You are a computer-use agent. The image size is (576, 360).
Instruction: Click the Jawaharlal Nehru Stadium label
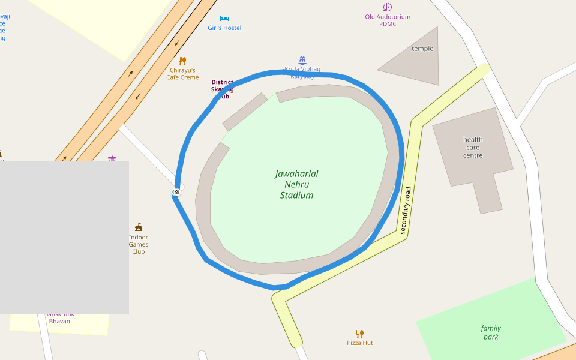pos(296,184)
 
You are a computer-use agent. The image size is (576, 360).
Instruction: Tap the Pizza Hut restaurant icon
pos(359,334)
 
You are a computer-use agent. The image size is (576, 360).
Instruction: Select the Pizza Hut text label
pos(359,343)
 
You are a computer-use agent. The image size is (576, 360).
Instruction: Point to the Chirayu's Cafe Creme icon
pos(182,61)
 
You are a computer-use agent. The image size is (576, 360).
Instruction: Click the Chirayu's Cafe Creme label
pos(182,74)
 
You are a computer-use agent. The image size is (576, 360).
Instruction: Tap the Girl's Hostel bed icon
pos(224,19)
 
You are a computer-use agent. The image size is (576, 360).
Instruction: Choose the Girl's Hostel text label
pos(224,28)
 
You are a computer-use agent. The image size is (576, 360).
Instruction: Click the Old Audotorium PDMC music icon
pos(387,7)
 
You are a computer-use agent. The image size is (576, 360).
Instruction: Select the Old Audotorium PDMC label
pos(388,20)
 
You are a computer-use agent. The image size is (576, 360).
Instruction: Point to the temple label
pos(422,49)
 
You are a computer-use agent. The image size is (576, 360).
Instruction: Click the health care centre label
pos(473,148)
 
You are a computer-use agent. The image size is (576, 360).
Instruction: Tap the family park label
pos(491,332)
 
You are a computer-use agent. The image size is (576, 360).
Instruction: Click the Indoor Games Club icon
pos(139,227)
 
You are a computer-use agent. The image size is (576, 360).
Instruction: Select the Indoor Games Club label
pos(138,244)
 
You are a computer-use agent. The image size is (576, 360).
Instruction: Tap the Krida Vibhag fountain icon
pos(302,60)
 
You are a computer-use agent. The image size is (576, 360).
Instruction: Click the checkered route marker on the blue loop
pos(176,192)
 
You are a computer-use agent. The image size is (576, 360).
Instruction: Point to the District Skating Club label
pos(222,89)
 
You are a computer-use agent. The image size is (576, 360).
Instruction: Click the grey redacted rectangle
pos(64,237)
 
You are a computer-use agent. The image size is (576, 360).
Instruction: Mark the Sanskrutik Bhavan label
pos(59,319)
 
